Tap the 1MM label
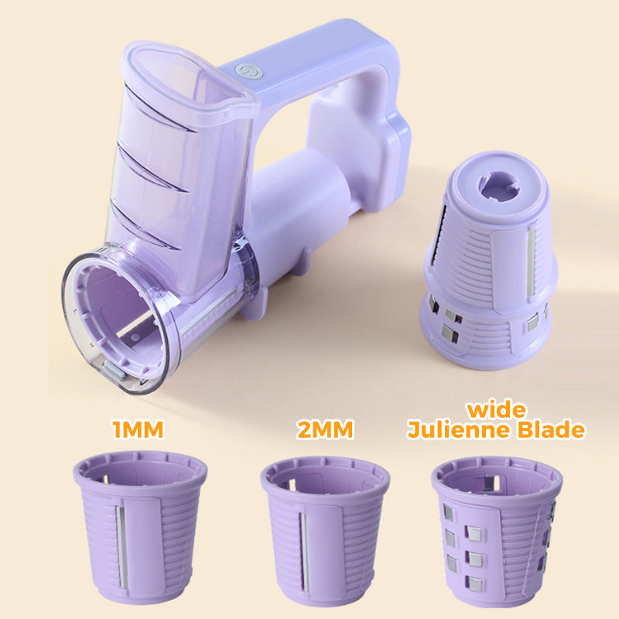[x=138, y=429]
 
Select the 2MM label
[x=325, y=429]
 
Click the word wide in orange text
[x=496, y=410]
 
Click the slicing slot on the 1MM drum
[x=121, y=547]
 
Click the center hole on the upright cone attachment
[x=498, y=186]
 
